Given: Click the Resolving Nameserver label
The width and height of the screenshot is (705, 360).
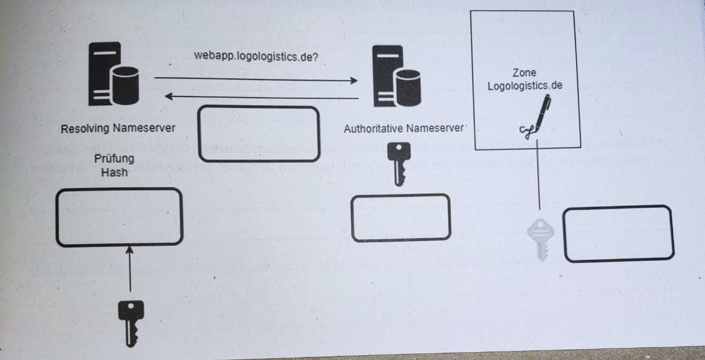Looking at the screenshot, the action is (x=118, y=128).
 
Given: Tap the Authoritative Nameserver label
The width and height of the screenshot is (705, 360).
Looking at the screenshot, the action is (x=403, y=129).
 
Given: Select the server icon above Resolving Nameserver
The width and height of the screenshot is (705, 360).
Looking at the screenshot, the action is (x=114, y=73).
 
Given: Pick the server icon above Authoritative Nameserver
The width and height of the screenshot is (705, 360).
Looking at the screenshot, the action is (x=397, y=76).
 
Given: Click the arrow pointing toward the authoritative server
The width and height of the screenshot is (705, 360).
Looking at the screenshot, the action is (x=256, y=80).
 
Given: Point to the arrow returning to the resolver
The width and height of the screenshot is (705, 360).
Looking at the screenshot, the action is (x=262, y=97).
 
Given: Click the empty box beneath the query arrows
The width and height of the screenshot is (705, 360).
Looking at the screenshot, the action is (x=259, y=134).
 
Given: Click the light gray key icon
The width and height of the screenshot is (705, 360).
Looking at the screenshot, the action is (x=540, y=239).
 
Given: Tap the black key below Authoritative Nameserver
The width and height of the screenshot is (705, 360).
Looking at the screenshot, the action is (x=398, y=163).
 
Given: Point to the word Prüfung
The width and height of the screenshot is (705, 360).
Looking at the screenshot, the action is (x=114, y=159).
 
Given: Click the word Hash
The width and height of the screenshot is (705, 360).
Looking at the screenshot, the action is (x=114, y=172).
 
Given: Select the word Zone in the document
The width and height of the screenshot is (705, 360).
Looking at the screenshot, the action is (x=524, y=72).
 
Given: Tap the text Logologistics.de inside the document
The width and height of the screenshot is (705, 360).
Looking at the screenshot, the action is (x=525, y=86).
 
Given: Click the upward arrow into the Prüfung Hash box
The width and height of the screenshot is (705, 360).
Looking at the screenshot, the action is (x=130, y=268).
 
